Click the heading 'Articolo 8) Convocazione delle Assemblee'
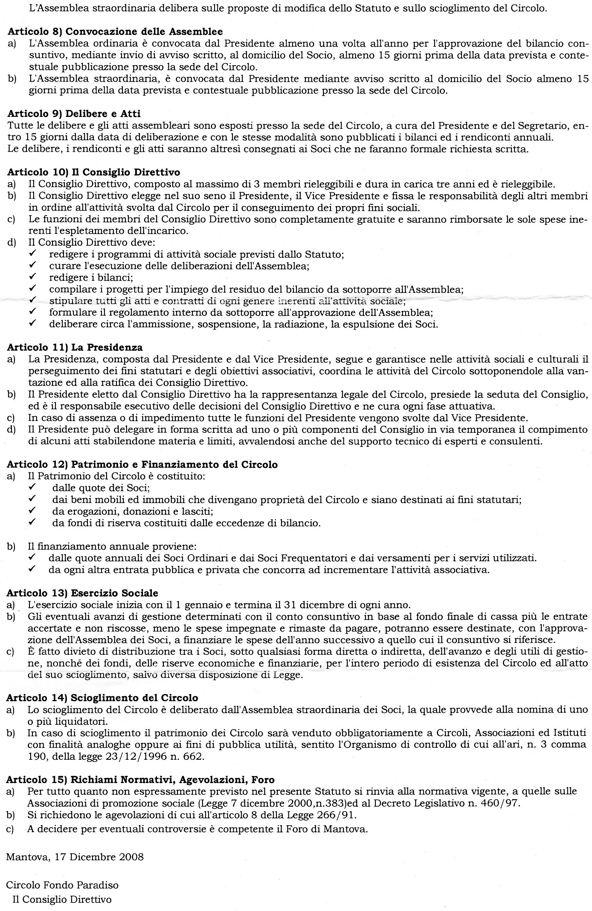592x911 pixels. tap(115, 31)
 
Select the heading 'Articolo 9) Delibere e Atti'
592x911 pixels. tap(74, 114)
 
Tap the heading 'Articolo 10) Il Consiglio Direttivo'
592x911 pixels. tap(93, 172)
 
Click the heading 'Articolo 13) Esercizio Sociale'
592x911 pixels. tap(82, 593)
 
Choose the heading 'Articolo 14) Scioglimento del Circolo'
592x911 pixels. tap(102, 698)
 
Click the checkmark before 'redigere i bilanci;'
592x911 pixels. tap(33, 277)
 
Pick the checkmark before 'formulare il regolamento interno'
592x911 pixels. tap(33, 312)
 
